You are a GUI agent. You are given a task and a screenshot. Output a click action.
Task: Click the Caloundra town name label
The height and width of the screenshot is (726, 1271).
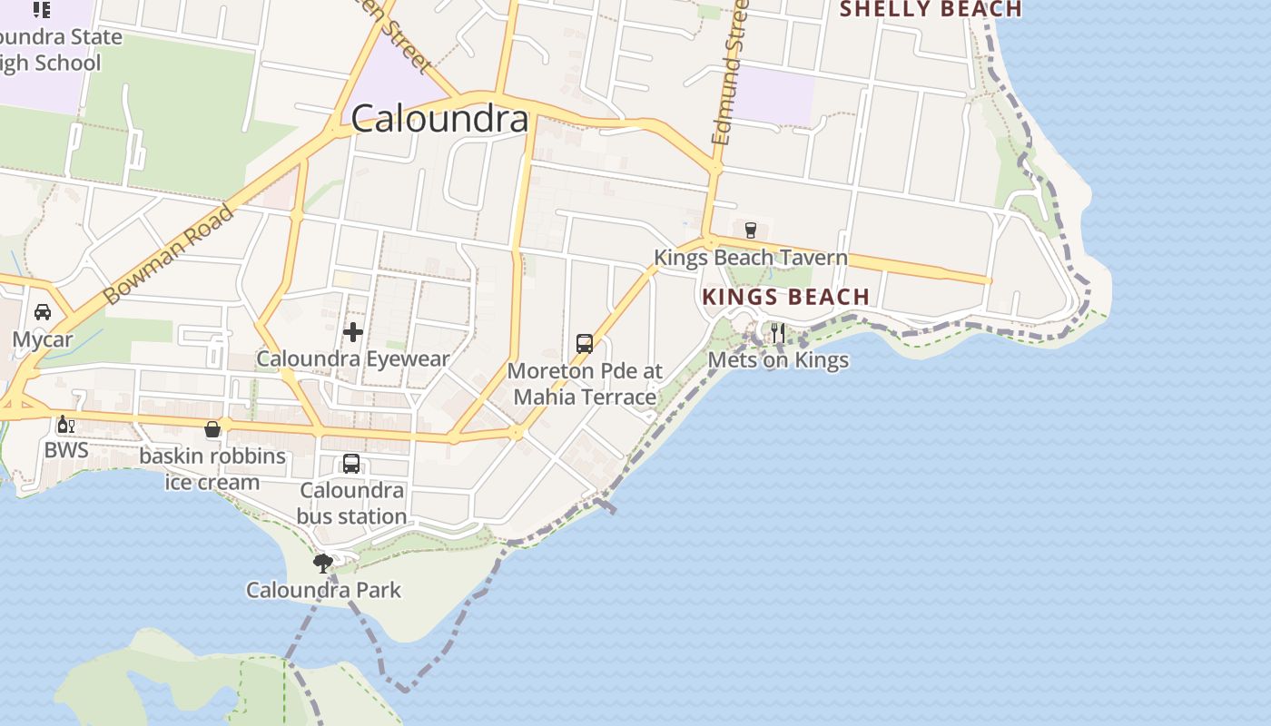(x=439, y=119)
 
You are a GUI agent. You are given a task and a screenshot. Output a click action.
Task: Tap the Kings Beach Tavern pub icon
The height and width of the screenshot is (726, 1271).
(x=750, y=230)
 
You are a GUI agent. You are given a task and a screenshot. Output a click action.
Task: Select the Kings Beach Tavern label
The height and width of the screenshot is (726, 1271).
(x=751, y=258)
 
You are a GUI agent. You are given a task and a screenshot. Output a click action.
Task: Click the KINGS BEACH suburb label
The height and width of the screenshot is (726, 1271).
(x=785, y=297)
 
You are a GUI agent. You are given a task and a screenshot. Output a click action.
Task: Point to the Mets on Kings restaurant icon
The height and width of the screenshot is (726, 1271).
(x=778, y=333)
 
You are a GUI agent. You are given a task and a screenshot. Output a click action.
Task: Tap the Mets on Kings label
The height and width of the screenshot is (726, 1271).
(x=778, y=360)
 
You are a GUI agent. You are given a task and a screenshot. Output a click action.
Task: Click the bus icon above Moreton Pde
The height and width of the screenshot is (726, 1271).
(x=585, y=344)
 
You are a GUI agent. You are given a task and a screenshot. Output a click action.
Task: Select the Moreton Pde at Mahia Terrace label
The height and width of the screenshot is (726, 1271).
(x=585, y=384)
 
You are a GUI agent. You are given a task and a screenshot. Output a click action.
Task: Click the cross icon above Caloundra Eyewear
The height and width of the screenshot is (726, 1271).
(x=353, y=332)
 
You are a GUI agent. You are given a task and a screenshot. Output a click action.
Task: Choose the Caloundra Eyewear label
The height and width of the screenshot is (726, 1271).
(x=352, y=358)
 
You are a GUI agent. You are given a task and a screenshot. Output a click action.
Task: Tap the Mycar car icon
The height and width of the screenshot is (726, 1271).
(x=43, y=312)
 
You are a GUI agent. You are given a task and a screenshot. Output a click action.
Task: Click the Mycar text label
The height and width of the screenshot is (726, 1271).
(x=43, y=339)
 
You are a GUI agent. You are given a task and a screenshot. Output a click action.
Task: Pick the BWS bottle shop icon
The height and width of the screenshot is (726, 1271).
(x=65, y=425)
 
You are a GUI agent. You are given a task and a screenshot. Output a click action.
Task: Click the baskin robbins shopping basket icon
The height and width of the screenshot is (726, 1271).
(x=212, y=429)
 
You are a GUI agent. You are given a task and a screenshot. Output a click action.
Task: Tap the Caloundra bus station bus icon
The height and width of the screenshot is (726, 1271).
(x=351, y=464)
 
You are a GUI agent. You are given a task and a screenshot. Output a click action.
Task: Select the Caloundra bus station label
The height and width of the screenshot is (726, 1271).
(x=351, y=504)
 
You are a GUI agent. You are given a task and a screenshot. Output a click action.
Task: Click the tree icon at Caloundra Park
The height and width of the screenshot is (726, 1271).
(x=322, y=563)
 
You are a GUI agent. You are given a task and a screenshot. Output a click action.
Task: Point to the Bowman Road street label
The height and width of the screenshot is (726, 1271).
(x=169, y=256)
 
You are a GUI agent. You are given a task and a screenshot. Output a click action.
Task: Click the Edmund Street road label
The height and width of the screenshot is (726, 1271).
(x=729, y=73)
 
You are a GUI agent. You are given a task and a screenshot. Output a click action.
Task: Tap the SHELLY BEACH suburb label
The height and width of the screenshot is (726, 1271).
(x=931, y=10)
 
